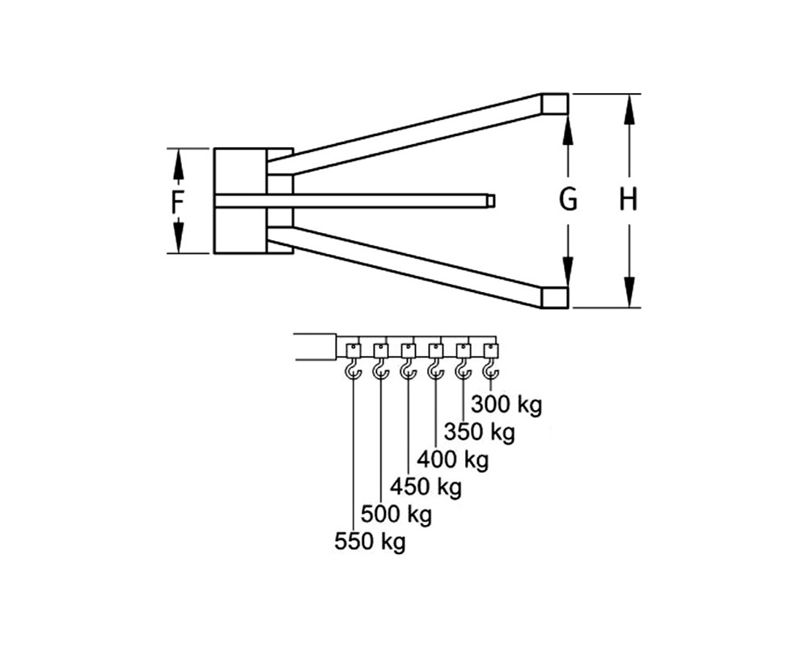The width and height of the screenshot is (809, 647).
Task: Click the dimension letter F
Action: [177, 201]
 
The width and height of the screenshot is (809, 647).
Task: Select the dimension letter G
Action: [568, 199]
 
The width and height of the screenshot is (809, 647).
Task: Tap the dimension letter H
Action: [629, 199]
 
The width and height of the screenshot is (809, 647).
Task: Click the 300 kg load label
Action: [506, 405]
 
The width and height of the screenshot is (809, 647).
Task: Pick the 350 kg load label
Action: [479, 432]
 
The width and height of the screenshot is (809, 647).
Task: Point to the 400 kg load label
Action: [452, 459]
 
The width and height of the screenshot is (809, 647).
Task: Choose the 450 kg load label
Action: [426, 486]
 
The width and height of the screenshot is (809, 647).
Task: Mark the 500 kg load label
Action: [396, 514]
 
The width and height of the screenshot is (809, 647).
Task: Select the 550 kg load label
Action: [370, 542]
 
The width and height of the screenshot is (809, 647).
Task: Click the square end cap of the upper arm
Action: [555, 104]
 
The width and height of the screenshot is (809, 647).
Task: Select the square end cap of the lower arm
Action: [555, 298]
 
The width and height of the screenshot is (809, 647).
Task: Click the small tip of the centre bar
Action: [492, 200]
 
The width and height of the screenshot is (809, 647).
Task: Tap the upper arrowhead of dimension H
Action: [629, 109]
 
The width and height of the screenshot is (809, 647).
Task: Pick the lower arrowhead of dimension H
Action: [629, 293]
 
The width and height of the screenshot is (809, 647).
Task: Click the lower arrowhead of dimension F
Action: [177, 236]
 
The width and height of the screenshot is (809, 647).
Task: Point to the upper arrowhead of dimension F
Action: [177, 165]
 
